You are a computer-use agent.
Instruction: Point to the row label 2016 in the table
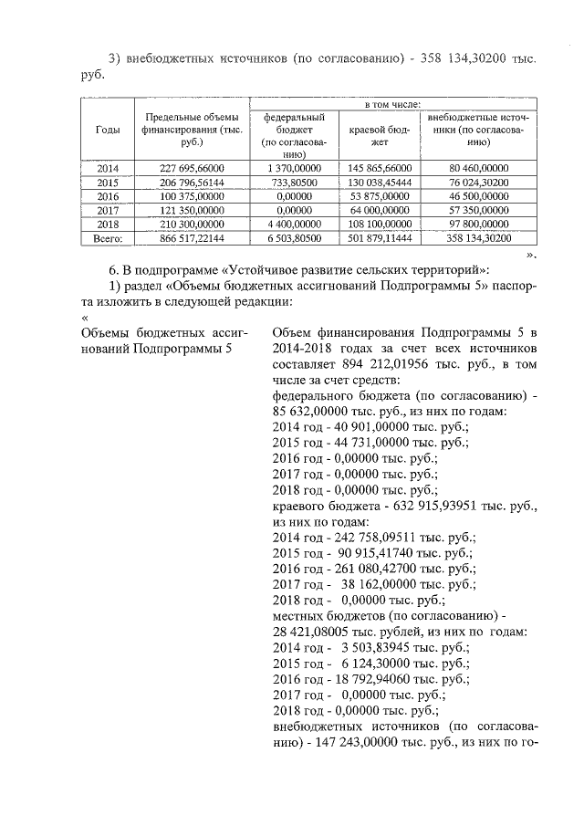(x=108, y=196)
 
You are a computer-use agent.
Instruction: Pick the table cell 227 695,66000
(x=191, y=169)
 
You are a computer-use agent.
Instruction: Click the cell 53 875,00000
(x=381, y=196)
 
